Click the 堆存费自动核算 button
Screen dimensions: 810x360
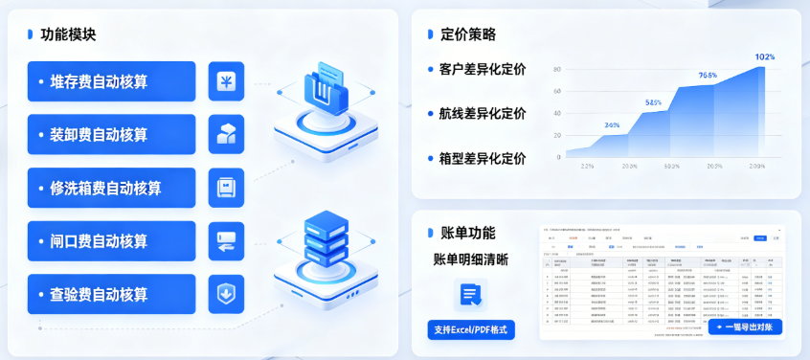[x=111, y=81]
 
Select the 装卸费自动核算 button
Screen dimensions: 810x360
[x=111, y=134]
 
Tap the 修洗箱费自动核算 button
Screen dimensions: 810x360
[x=111, y=188]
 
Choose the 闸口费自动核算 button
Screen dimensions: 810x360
[x=111, y=240]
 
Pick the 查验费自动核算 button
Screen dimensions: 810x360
[x=111, y=294]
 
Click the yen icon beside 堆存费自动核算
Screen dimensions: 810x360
[x=226, y=81]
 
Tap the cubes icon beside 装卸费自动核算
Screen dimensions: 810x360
[x=226, y=134]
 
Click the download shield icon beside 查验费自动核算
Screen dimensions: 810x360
[x=226, y=294]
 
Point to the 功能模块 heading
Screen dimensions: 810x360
[x=68, y=34]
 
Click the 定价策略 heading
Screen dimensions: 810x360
[x=467, y=34]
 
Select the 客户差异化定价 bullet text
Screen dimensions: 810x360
[x=482, y=69]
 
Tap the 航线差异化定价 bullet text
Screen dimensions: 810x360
[x=482, y=113]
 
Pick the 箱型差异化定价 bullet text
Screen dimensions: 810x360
[x=482, y=158]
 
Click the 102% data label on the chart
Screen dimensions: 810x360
[x=764, y=57]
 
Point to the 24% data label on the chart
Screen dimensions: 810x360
[x=612, y=124]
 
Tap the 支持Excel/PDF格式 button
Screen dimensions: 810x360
[x=471, y=330]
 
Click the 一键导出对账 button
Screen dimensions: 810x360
[x=746, y=327]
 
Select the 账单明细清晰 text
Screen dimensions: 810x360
[x=470, y=259]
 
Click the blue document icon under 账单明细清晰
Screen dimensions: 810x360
[x=470, y=294]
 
